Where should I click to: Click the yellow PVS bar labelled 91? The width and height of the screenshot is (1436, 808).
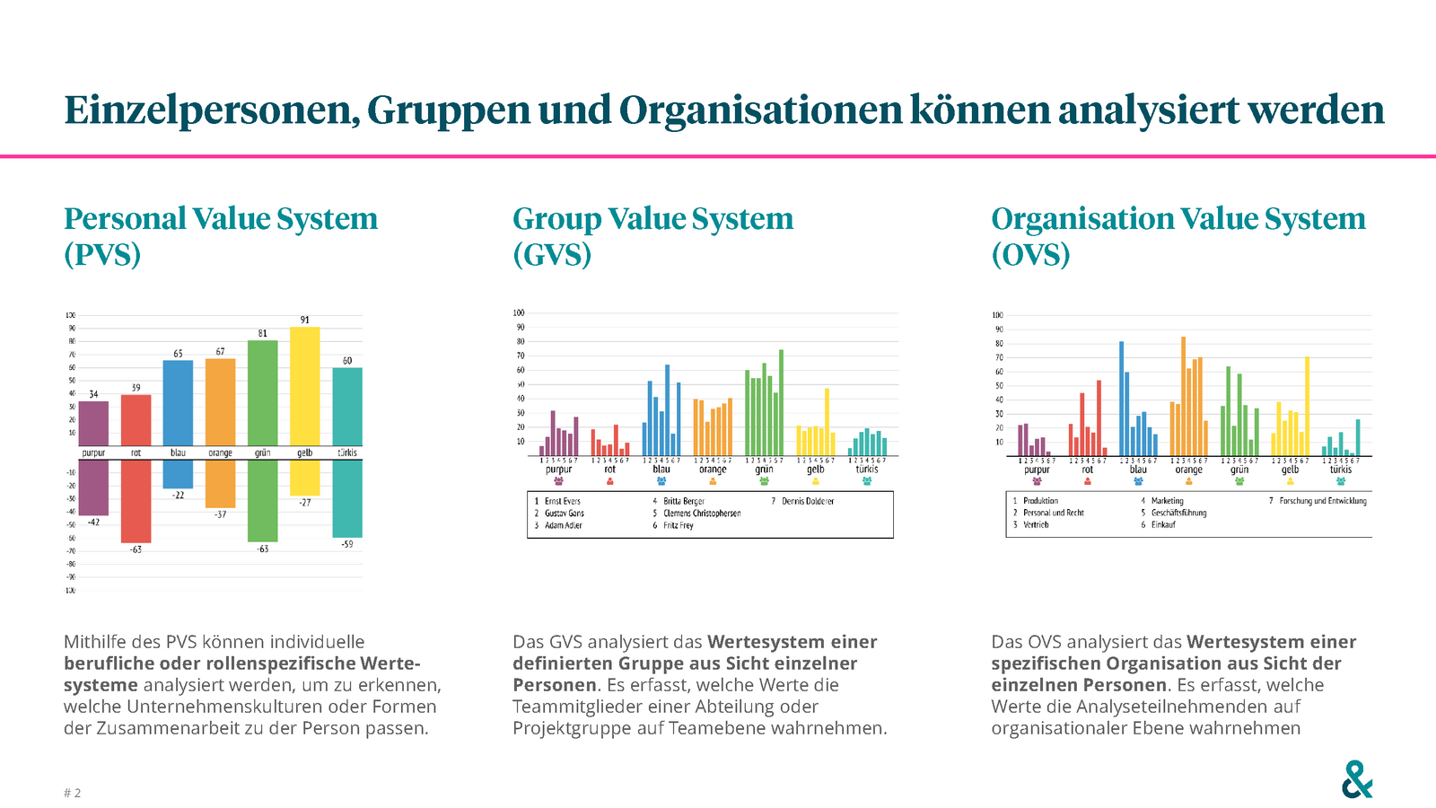pos(305,386)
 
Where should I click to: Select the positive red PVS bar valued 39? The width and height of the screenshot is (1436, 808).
pos(136,420)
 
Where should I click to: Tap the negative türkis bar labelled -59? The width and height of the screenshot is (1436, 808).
pos(347,498)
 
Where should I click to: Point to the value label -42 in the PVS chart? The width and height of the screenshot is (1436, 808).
pos(93,523)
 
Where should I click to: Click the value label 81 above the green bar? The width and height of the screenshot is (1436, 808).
pos(263,333)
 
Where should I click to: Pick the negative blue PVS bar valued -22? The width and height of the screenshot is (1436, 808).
pos(178,474)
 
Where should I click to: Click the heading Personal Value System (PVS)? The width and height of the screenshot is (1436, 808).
pos(221,236)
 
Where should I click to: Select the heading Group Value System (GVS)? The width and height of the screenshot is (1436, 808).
pos(652,236)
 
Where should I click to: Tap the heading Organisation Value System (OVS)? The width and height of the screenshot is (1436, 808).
pos(1178,236)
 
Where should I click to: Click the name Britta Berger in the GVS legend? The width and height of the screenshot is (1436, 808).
pos(684,501)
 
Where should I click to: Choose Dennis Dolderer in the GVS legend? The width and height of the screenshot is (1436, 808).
pos(808,501)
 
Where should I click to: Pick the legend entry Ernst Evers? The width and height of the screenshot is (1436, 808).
pos(563,501)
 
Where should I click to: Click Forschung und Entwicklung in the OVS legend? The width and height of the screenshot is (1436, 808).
pos(1323,501)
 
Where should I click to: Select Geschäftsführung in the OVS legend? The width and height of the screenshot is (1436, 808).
pos(1178,513)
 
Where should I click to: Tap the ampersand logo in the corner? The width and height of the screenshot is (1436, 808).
pos(1357,779)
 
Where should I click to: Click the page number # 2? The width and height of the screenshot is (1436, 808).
pos(73,793)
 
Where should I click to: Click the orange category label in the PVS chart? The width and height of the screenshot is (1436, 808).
pos(221,452)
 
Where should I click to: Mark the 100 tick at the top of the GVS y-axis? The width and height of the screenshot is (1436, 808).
pos(519,313)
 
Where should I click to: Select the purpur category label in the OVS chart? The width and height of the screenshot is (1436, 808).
pos(1037,470)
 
